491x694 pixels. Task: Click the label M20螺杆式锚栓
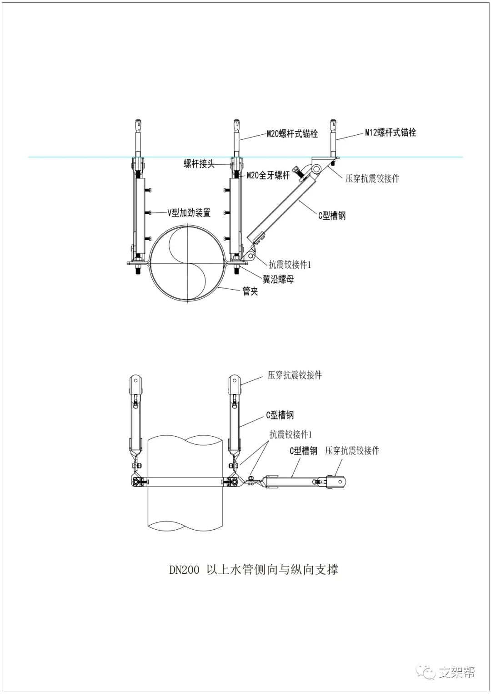pyautogui.click(x=292, y=134)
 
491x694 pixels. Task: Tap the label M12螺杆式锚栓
pyautogui.click(x=390, y=133)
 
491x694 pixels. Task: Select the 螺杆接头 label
pyautogui.click(x=205, y=164)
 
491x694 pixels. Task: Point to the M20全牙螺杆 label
pyautogui.click(x=268, y=175)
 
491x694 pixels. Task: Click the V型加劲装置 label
pyautogui.click(x=189, y=212)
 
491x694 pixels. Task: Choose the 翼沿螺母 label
pyautogui.click(x=278, y=279)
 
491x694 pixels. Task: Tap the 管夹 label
pyautogui.click(x=250, y=291)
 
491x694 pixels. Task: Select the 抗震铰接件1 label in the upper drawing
pyautogui.click(x=289, y=264)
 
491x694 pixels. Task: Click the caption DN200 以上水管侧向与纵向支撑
pyautogui.click(x=254, y=570)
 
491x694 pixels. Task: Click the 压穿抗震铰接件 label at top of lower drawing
pyautogui.click(x=295, y=375)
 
